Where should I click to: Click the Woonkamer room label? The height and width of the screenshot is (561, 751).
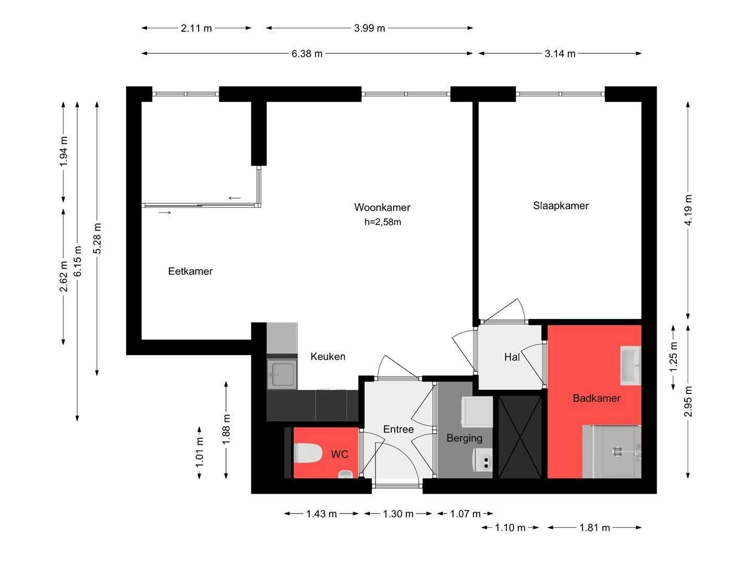382,207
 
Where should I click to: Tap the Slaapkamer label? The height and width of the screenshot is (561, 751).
561,206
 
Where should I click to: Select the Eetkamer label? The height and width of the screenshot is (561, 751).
190,271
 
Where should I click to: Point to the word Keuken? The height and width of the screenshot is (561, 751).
328,356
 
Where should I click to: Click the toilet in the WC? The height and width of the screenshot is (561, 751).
308,453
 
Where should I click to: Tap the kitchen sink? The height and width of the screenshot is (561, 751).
282,374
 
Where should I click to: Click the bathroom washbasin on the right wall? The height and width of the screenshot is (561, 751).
630,365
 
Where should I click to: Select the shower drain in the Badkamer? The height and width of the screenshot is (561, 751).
617,451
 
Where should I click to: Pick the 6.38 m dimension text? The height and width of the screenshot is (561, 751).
307,54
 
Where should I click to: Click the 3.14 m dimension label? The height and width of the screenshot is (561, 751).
560,54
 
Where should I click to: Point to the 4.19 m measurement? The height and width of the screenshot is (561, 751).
688,210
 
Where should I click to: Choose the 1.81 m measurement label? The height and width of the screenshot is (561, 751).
595,528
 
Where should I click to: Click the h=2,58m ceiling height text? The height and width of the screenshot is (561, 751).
382,222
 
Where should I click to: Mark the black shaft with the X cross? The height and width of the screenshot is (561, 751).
520,437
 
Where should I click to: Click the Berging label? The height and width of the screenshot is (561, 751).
464,438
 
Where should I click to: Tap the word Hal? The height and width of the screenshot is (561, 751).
512,357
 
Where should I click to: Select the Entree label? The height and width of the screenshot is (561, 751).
398,429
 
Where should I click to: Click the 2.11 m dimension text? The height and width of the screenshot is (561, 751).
196,28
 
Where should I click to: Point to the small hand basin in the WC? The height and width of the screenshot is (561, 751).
346,474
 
